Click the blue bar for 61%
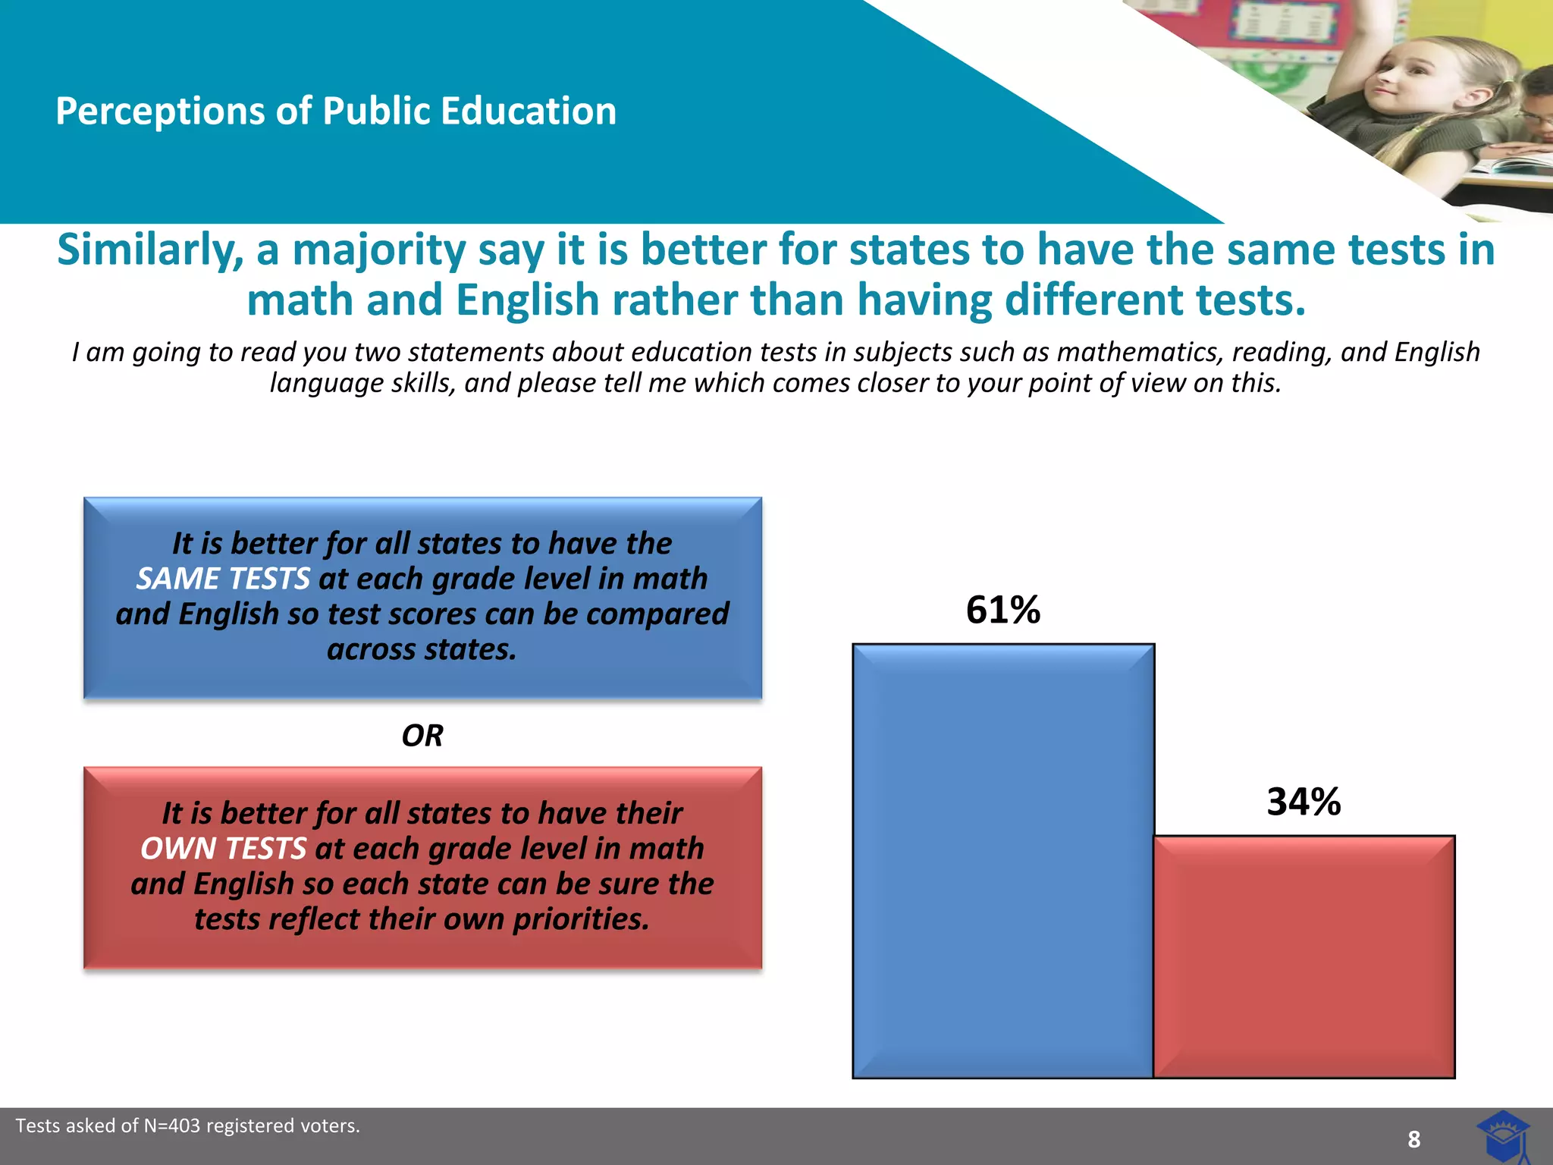point(1003,861)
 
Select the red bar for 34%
point(1304,956)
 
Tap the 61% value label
point(1003,610)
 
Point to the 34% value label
point(1304,802)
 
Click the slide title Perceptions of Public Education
point(336,111)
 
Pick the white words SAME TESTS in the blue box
point(223,579)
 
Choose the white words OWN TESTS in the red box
point(224,849)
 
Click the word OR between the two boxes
point(422,735)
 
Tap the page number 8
point(1413,1138)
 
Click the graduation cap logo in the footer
point(1503,1135)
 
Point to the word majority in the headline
point(378,250)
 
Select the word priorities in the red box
point(582,919)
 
